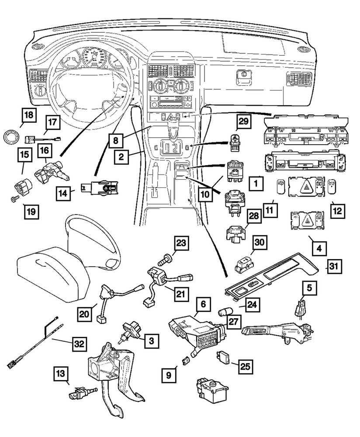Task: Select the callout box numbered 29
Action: [x=245, y=122]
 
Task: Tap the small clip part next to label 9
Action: [x=185, y=361]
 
